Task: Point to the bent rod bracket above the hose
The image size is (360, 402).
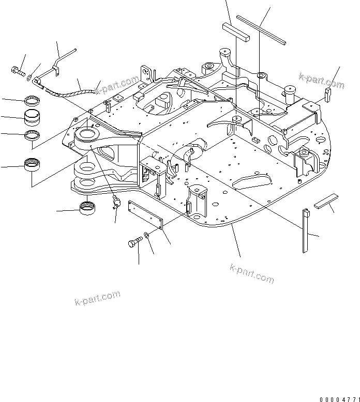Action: [x=57, y=64]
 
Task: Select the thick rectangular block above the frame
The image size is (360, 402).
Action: [x=236, y=31]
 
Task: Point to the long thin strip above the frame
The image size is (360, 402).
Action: [x=264, y=29]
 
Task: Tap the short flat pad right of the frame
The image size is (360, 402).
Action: [x=326, y=200]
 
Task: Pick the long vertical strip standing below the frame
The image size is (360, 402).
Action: [x=305, y=230]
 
